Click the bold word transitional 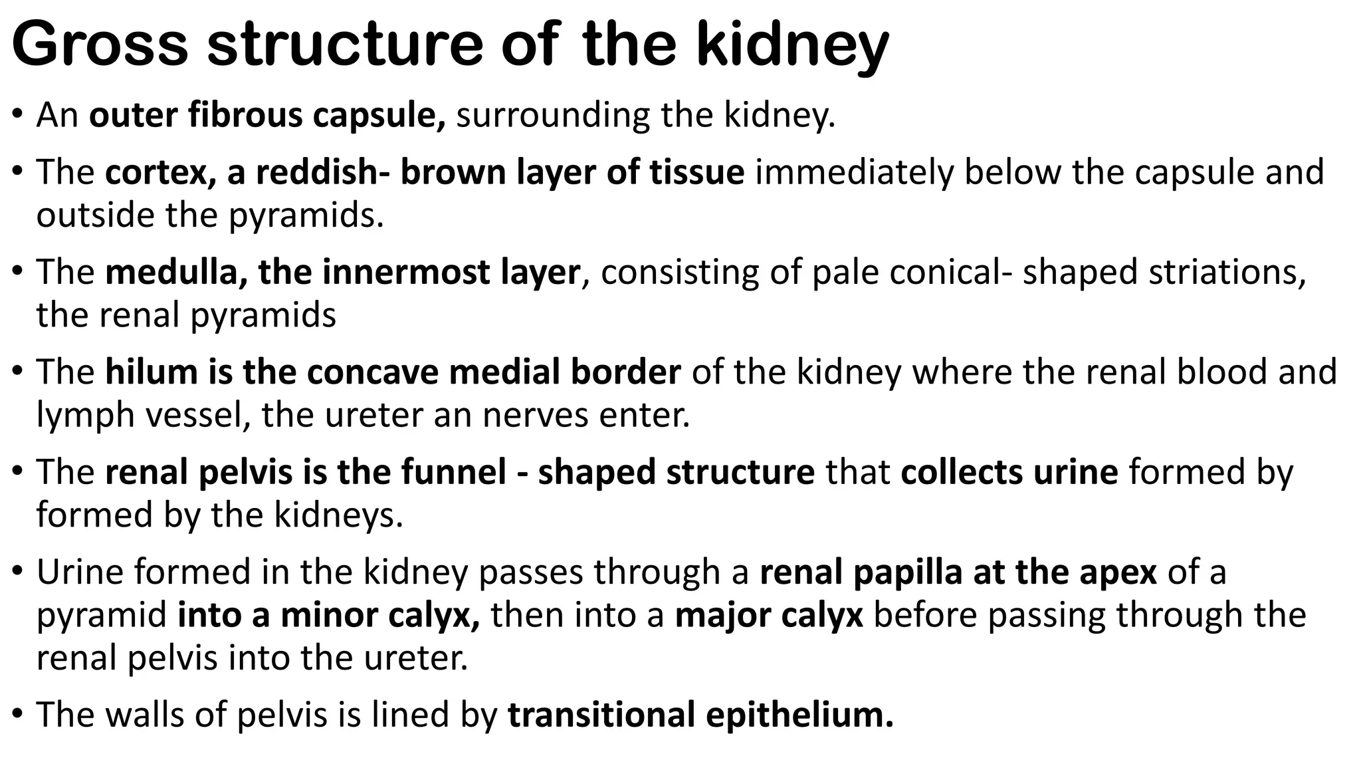pyautogui.click(x=601, y=715)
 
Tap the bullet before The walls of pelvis pyautogui.click(x=18, y=716)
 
